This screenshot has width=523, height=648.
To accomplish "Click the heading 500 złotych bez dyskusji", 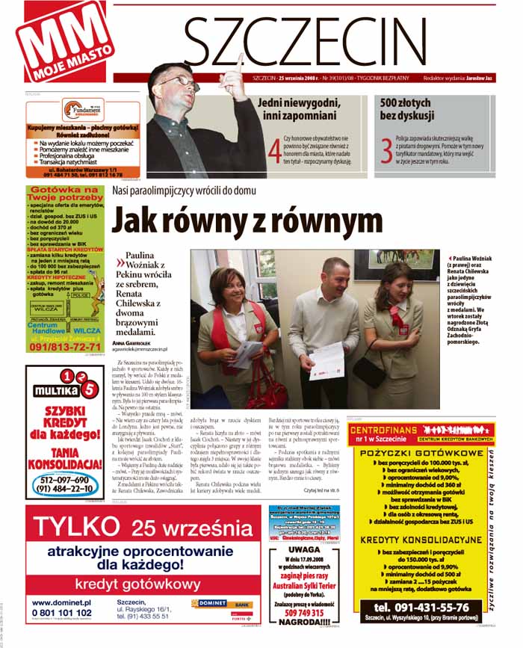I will tap(406, 109).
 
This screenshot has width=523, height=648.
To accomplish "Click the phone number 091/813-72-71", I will tap(64, 346).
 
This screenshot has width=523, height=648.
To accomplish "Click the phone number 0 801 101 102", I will tap(62, 613).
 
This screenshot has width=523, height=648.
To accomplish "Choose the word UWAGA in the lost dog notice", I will tap(304, 549).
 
